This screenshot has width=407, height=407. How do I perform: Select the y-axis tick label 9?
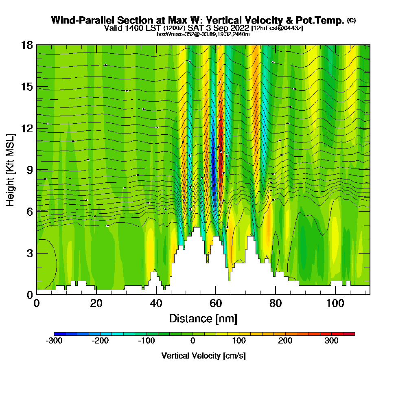tap(30, 170)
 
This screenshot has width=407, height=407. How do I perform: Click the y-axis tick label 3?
tap(30, 253)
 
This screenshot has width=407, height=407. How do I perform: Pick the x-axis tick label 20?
tap(96, 304)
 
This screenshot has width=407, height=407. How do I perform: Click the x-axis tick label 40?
tap(156, 304)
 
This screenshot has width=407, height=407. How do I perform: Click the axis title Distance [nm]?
tap(203, 318)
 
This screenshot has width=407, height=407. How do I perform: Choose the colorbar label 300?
tap(331, 341)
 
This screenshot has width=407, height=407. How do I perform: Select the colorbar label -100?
tap(147, 341)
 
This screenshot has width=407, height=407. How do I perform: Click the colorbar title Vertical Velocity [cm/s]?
tap(203, 356)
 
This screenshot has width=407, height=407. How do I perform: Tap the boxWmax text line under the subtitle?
tap(203, 34)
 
